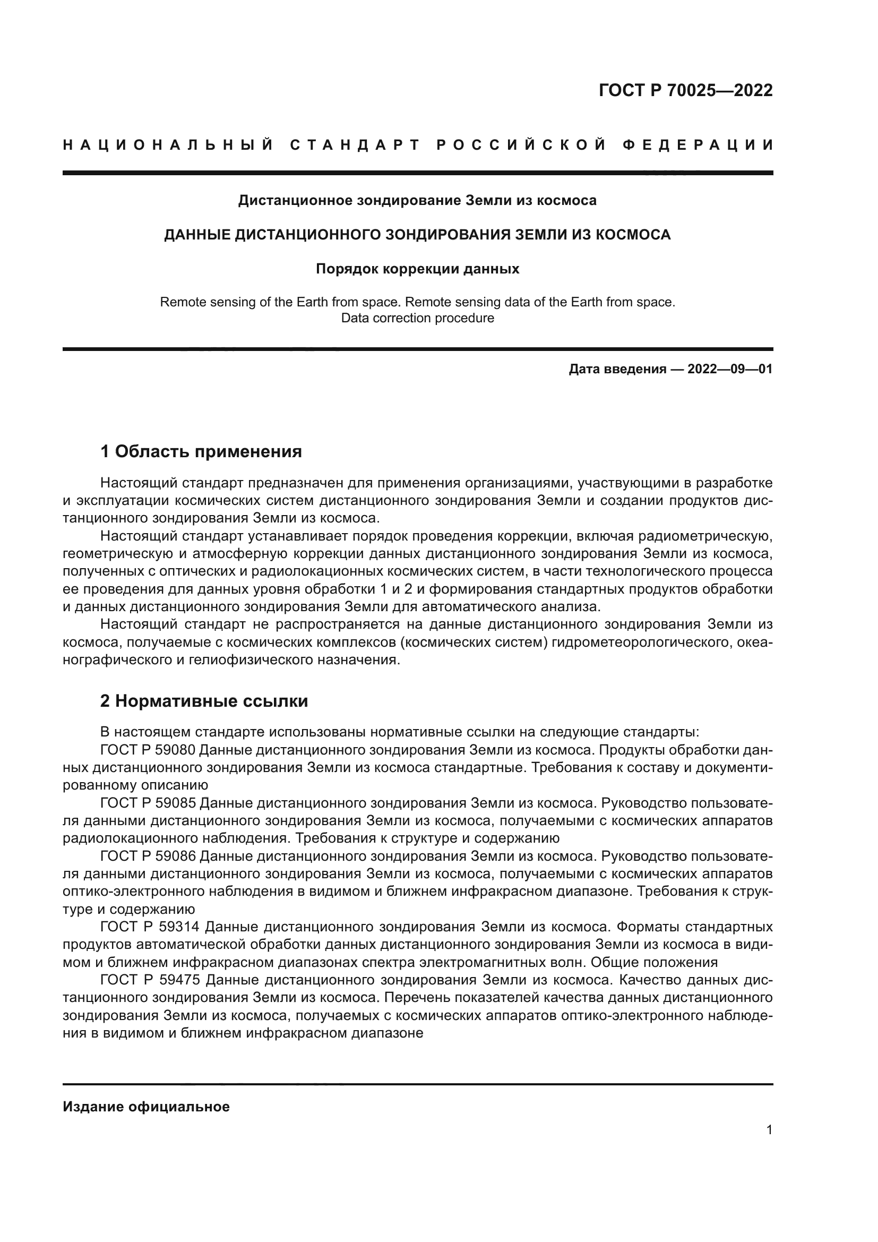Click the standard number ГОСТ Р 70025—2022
[x=685, y=90]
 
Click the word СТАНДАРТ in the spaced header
[x=355, y=145]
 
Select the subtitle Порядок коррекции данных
[x=417, y=269]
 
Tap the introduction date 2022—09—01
[x=729, y=370]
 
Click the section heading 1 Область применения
[x=201, y=451]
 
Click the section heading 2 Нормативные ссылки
[x=204, y=701]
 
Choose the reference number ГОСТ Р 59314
[x=150, y=927]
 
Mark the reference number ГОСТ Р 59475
[x=150, y=980]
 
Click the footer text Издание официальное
[x=146, y=1107]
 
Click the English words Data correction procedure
[x=417, y=318]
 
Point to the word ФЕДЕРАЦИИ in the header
[x=698, y=145]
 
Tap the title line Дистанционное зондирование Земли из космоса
[x=417, y=201]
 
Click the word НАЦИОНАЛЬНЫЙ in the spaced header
[x=168, y=145]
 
